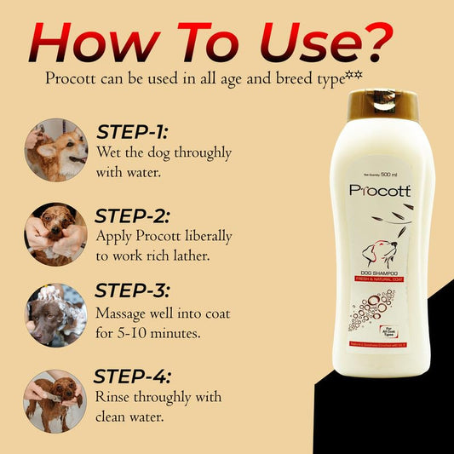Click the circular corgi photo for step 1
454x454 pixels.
[x=56, y=150]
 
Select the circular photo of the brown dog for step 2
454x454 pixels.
[x=56, y=231]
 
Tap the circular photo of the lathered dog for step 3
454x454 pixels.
[x=56, y=313]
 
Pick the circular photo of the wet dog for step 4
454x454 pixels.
[x=56, y=400]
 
